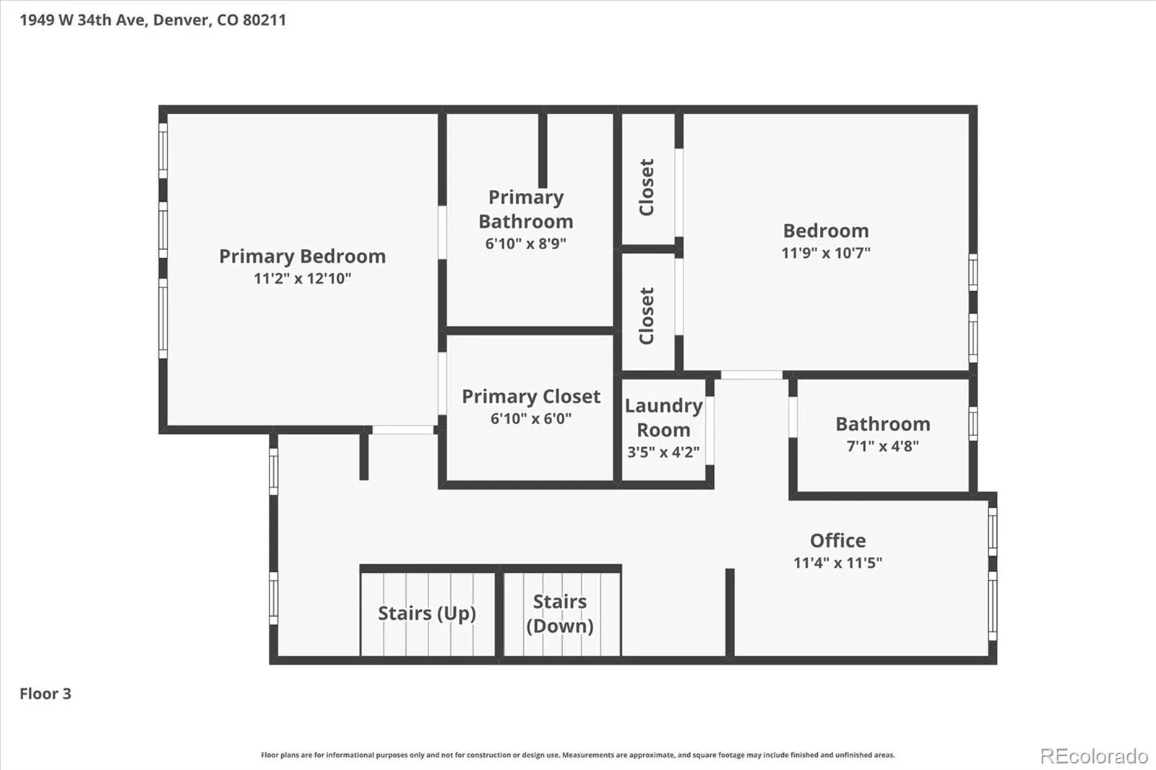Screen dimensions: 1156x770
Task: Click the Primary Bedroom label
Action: click(303, 256)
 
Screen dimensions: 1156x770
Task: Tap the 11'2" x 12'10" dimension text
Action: click(303, 279)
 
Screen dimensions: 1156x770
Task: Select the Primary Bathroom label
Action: click(526, 209)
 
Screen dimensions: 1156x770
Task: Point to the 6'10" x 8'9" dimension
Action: click(526, 243)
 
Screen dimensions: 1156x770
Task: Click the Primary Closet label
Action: click(531, 397)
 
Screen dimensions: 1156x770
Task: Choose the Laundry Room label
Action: click(664, 418)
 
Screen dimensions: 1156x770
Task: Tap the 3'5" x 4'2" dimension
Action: click(664, 452)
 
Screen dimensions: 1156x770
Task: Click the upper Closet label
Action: click(647, 187)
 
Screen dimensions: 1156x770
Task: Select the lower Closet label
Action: click(647, 316)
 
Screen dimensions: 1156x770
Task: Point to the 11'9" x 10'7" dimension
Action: click(826, 253)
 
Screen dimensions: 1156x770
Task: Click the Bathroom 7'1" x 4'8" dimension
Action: click(883, 446)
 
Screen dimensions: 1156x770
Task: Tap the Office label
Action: click(837, 540)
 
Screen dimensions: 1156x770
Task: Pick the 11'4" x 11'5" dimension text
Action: click(837, 563)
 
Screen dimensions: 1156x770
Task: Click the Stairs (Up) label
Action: click(427, 614)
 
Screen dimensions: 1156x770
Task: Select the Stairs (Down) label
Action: click(560, 614)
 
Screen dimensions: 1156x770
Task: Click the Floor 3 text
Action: click(46, 693)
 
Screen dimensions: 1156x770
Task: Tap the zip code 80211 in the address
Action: click(264, 20)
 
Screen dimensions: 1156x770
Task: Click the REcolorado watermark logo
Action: click(1094, 756)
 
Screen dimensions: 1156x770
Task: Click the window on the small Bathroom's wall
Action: click(972, 424)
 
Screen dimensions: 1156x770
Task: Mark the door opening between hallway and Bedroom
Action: click(751, 375)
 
